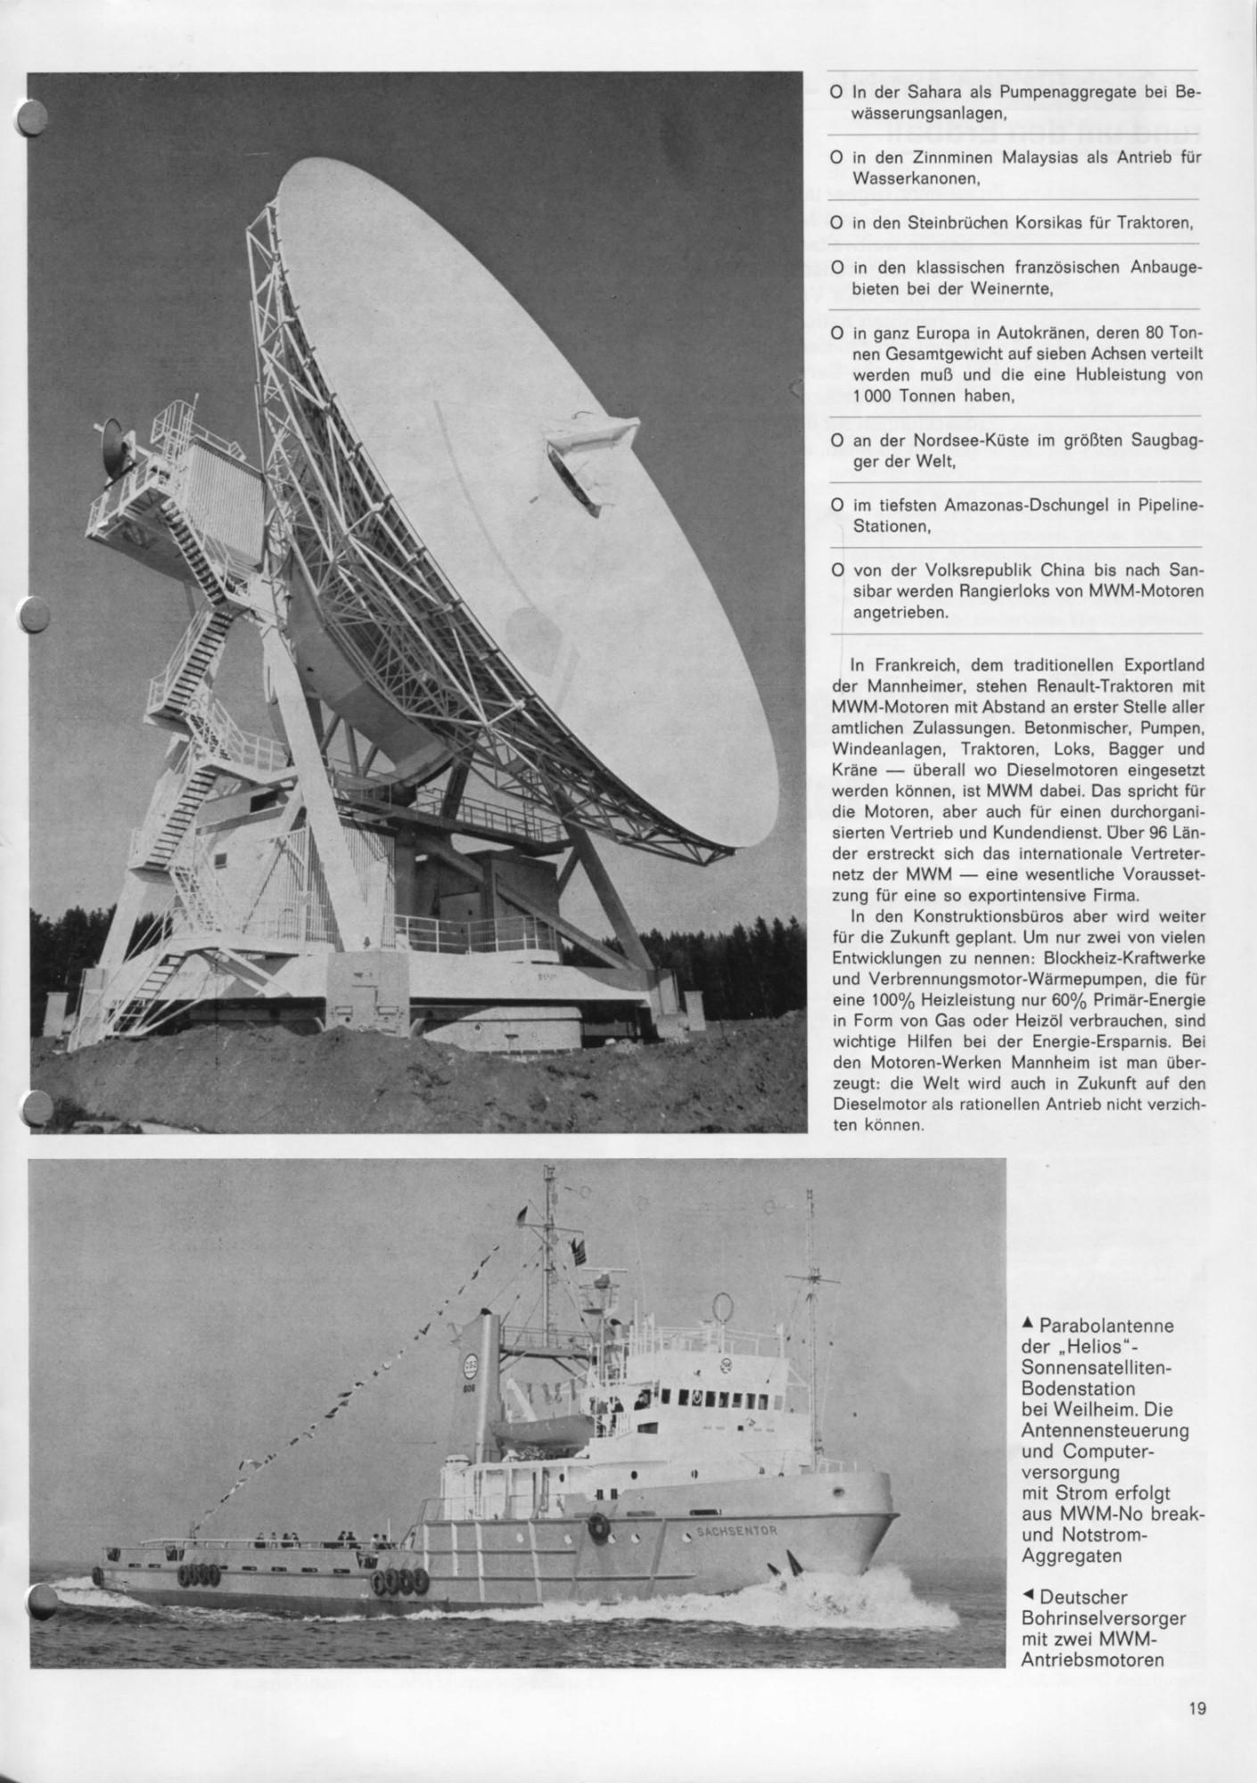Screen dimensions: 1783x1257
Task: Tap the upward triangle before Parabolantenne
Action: pyautogui.click(x=1028, y=1324)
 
